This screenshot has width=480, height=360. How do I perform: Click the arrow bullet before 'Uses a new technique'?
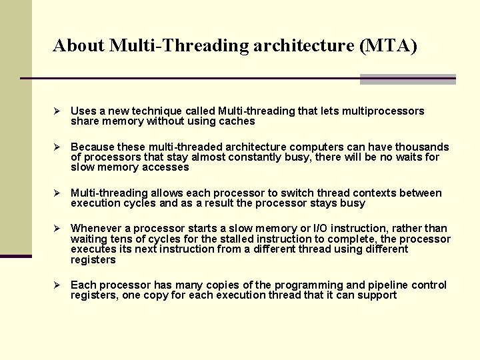[x=57, y=111]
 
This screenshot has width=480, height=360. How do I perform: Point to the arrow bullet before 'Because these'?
[x=57, y=147]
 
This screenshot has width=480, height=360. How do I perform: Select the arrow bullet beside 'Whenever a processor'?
[x=57, y=229]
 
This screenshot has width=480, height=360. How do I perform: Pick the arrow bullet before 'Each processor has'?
[x=57, y=285]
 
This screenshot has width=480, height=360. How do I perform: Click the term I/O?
[x=321, y=229]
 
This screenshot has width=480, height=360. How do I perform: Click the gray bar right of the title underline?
[x=407, y=79]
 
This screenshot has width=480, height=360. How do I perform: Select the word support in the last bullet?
[x=377, y=295]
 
